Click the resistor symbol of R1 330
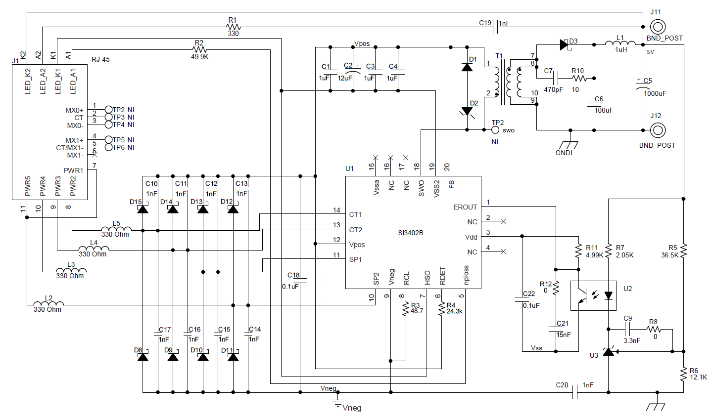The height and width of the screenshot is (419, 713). pyautogui.click(x=233, y=27)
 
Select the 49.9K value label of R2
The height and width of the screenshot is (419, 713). pyautogui.click(x=199, y=57)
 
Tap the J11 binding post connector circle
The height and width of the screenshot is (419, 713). pyautogui.click(x=657, y=27)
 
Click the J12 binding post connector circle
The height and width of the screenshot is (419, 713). pyautogui.click(x=657, y=130)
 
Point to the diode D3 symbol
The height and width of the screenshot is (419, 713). pyautogui.click(x=564, y=45)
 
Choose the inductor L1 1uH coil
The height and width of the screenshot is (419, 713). pyautogui.click(x=620, y=44)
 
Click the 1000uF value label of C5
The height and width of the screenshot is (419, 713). pyautogui.click(x=655, y=93)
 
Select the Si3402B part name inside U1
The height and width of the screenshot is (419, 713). pyautogui.click(x=411, y=233)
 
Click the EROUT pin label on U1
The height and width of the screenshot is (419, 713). pyautogui.click(x=465, y=207)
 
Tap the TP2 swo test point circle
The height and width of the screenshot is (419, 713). pyautogui.click(x=495, y=130)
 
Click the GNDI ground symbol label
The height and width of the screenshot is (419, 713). pyautogui.click(x=564, y=153)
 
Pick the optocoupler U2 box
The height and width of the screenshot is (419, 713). pyautogui.click(x=593, y=295)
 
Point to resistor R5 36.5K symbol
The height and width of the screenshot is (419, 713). pyautogui.click(x=683, y=250)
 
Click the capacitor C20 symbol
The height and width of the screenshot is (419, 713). pyautogui.click(x=575, y=393)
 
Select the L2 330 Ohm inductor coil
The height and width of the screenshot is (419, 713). pyautogui.click(x=48, y=304)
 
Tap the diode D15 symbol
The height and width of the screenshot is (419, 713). pyautogui.click(x=143, y=209)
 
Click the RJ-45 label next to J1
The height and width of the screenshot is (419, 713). pyautogui.click(x=100, y=59)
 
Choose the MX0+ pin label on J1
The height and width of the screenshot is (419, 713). pyautogui.click(x=74, y=110)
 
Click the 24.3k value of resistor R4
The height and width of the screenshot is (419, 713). pyautogui.click(x=454, y=312)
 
